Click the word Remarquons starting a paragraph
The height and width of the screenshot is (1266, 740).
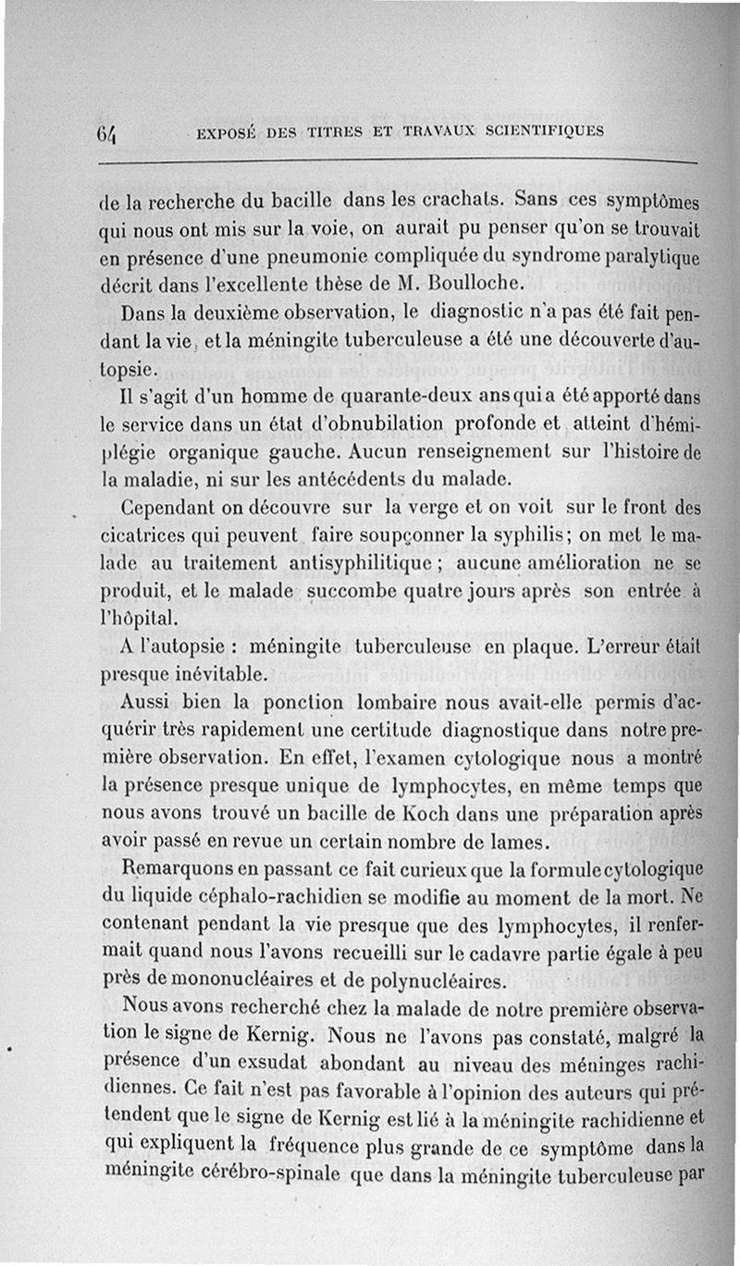(173, 870)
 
